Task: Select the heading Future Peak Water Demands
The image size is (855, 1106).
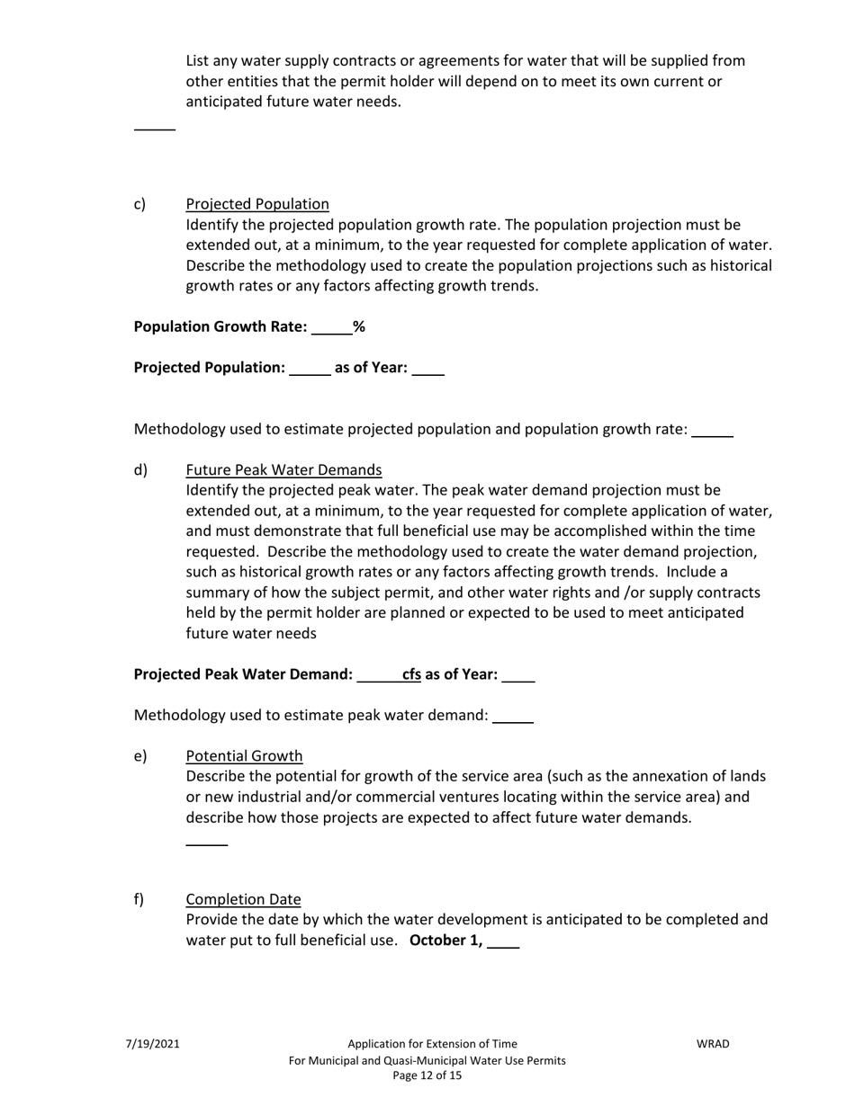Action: click(283, 470)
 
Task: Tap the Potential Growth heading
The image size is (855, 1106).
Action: click(244, 756)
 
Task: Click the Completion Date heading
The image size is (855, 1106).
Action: click(243, 900)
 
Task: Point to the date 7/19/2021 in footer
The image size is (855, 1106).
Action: click(152, 1044)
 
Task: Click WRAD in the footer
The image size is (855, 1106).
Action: click(713, 1044)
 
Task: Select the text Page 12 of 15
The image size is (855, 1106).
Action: click(427, 1076)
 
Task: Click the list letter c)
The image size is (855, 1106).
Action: click(139, 204)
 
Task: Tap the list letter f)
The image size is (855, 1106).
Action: click(139, 900)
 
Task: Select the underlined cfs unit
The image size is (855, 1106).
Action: click(411, 674)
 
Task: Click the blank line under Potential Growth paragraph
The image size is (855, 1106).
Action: click(206, 843)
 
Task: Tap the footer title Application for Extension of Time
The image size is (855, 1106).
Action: click(432, 1044)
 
